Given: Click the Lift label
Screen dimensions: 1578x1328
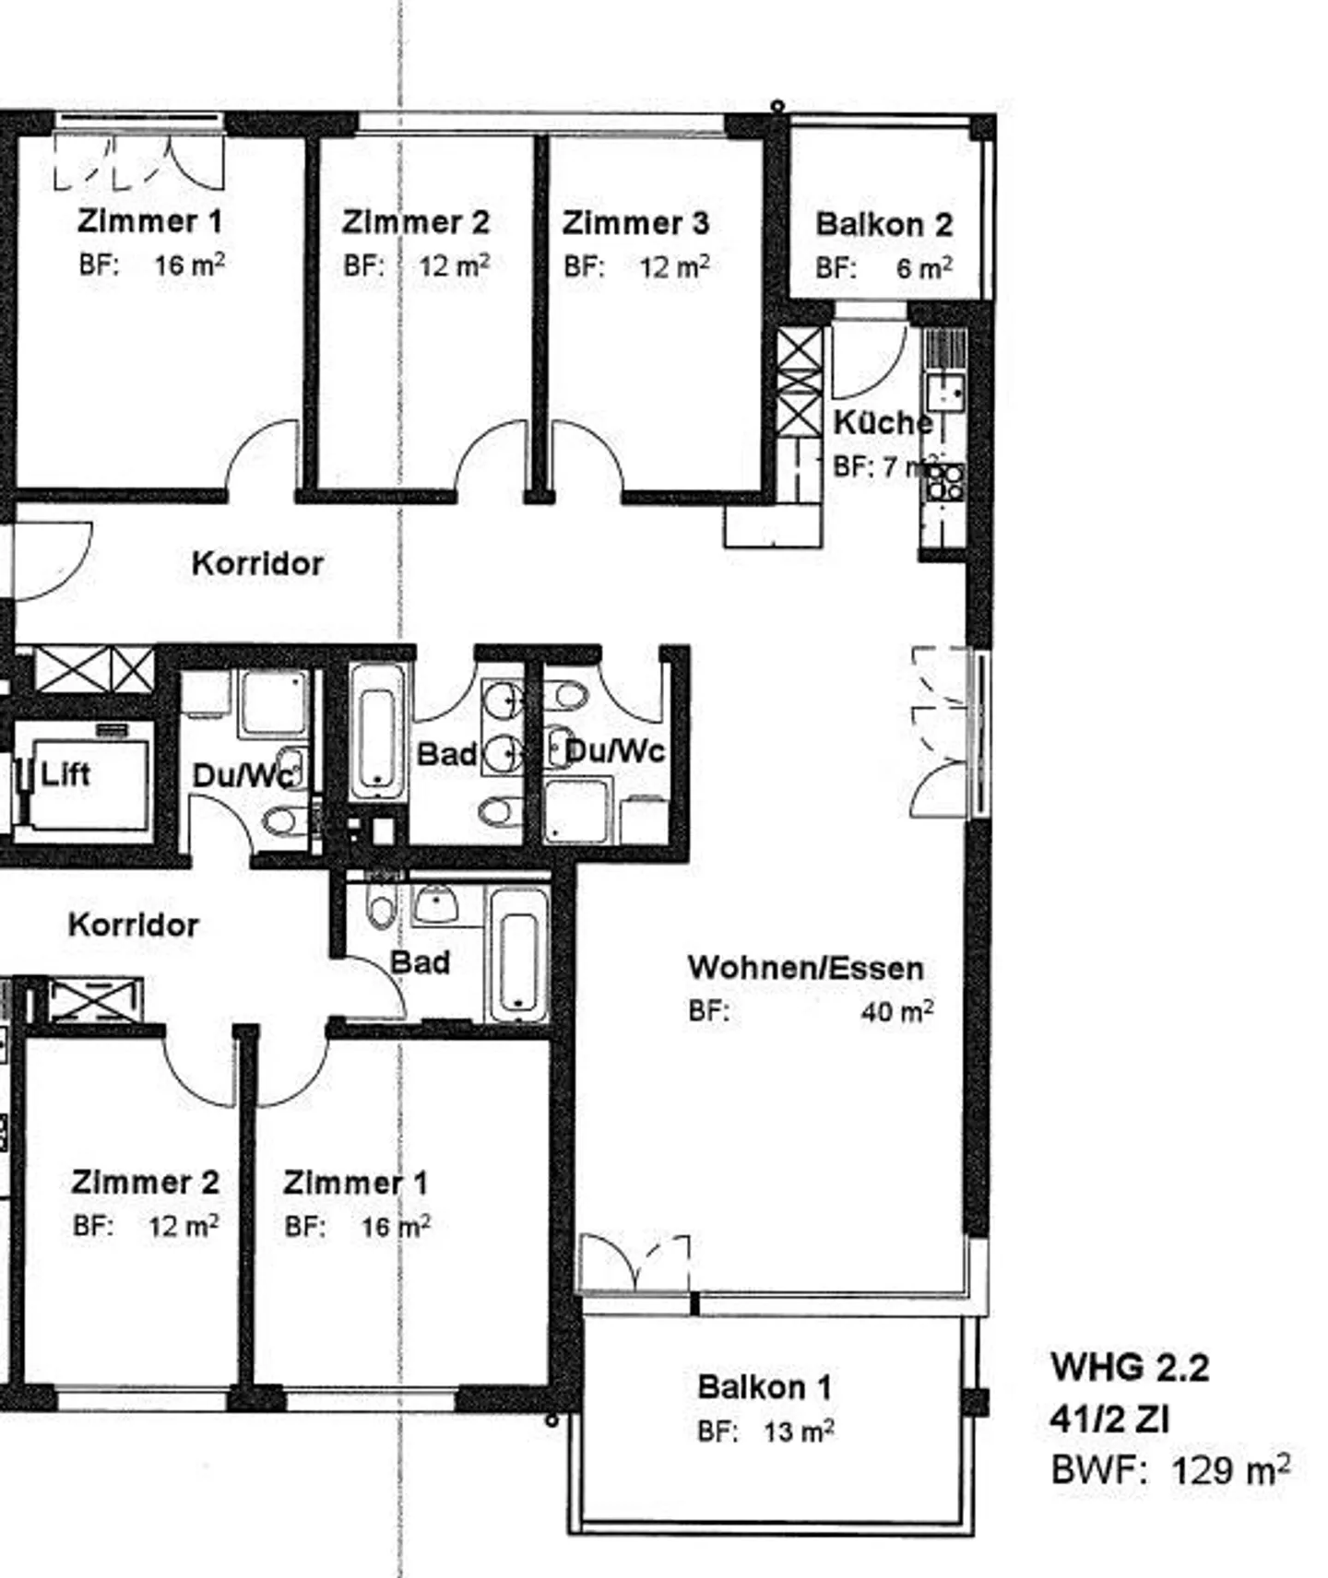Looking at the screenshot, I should point(65,774).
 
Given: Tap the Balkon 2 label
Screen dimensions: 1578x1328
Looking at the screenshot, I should point(883,224).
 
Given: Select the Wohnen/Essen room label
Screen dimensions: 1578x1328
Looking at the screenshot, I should point(805,968).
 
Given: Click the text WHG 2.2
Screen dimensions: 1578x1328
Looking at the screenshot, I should point(1130,1368).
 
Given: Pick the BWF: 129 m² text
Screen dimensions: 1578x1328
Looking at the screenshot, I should point(1169,1470).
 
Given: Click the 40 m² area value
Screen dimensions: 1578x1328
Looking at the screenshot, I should point(896,1011).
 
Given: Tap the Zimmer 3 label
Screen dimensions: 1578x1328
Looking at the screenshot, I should point(635,223).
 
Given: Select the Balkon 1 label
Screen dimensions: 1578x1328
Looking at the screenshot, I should point(764,1387).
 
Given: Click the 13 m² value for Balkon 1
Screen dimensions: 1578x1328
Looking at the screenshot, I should point(798,1431).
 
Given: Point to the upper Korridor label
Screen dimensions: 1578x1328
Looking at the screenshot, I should point(257,563).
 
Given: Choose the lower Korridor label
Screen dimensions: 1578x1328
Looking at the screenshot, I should point(133,924).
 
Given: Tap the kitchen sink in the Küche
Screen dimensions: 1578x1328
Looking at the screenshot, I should point(944,393).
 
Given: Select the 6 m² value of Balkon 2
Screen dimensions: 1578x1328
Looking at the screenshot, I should point(923,268).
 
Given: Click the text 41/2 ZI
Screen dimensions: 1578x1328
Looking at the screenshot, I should point(1109,1419).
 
